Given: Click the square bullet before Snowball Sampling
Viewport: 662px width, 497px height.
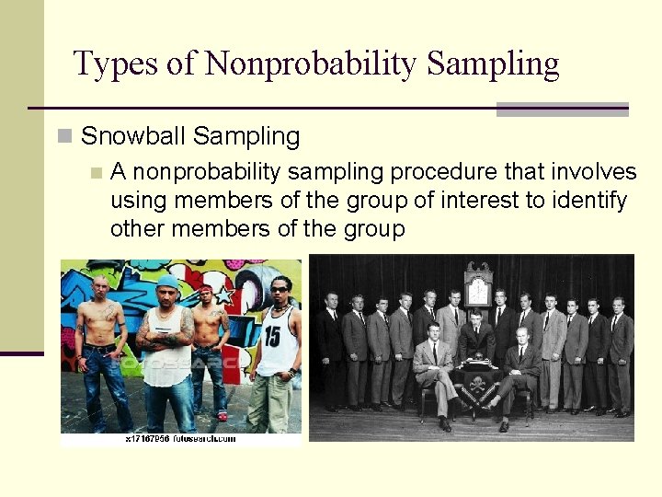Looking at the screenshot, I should [x=64, y=137].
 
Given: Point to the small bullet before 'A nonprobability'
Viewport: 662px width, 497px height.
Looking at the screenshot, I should [x=95, y=173].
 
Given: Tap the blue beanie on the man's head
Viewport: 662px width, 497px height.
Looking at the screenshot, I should [x=167, y=282].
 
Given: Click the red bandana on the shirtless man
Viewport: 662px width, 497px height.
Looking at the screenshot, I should [x=206, y=290].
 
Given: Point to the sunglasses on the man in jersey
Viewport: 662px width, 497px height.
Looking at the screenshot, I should [x=279, y=290].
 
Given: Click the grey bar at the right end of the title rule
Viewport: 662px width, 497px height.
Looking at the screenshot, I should [x=562, y=110].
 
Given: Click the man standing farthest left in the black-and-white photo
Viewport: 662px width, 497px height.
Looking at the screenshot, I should [x=330, y=350].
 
